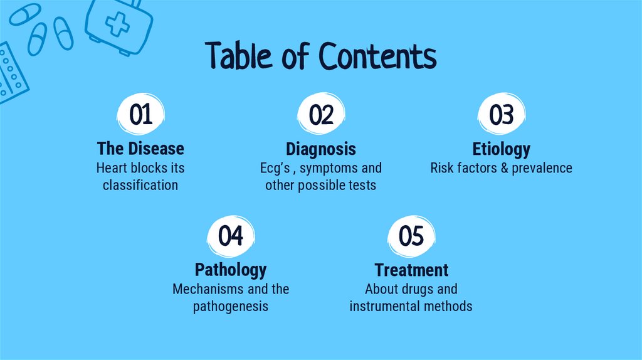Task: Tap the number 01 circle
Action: point(141,115)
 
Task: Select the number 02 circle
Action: point(321,115)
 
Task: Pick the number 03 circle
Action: point(501,115)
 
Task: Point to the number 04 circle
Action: point(231,236)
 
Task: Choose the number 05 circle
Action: point(411,236)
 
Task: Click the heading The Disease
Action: point(140,149)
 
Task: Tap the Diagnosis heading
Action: point(321,149)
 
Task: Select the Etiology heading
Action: point(501,149)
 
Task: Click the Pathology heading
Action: point(231,270)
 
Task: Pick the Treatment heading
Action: point(411,270)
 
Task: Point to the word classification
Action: point(140,185)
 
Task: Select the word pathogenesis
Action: point(231,306)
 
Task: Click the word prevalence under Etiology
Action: point(542,168)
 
